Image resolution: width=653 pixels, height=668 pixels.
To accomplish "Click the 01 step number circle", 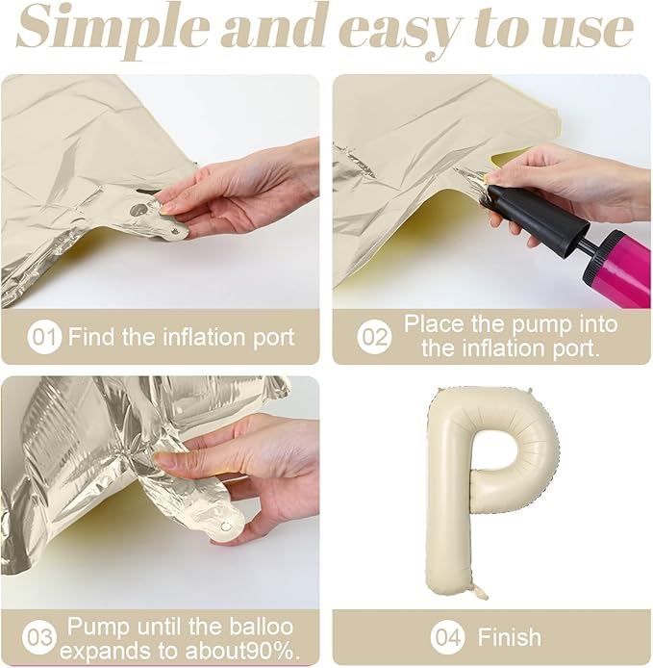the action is [x=44, y=338].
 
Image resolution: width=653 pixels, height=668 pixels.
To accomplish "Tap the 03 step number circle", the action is [x=38, y=638].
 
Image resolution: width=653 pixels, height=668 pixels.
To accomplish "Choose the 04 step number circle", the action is [x=448, y=638].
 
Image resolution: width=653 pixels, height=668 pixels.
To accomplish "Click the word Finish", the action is [x=509, y=637].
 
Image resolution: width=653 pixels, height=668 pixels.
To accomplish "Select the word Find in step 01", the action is [x=92, y=337].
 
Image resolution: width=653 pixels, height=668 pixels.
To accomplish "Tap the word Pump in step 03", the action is [x=98, y=627].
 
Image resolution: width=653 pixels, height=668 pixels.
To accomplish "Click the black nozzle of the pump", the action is [x=538, y=217].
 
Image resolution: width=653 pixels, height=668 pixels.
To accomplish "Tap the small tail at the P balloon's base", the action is [x=480, y=591].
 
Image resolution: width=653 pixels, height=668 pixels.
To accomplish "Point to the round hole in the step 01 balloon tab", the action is [x=138, y=209].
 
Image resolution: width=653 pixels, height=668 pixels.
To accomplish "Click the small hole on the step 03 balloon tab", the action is [x=226, y=527].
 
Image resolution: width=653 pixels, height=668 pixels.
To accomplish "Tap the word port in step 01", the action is [x=273, y=338].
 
